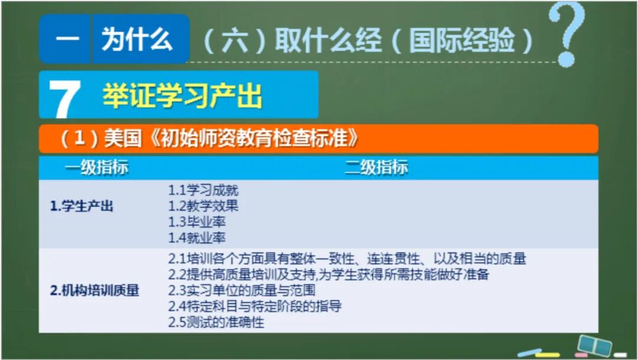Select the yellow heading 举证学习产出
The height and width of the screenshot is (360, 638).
[182, 95]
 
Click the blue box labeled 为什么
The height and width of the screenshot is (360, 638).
[137, 40]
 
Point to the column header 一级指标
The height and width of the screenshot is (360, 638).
[96, 168]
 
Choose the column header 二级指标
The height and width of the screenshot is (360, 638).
[376, 168]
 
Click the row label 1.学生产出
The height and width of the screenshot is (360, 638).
[82, 207]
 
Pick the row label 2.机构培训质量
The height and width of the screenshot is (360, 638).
[95, 291]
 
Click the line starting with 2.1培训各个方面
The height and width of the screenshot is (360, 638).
[347, 259]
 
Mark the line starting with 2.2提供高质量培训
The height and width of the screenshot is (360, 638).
[328, 275]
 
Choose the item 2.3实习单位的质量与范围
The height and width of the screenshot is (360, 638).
[242, 291]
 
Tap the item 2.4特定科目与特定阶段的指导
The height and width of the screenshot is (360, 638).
[255, 307]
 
